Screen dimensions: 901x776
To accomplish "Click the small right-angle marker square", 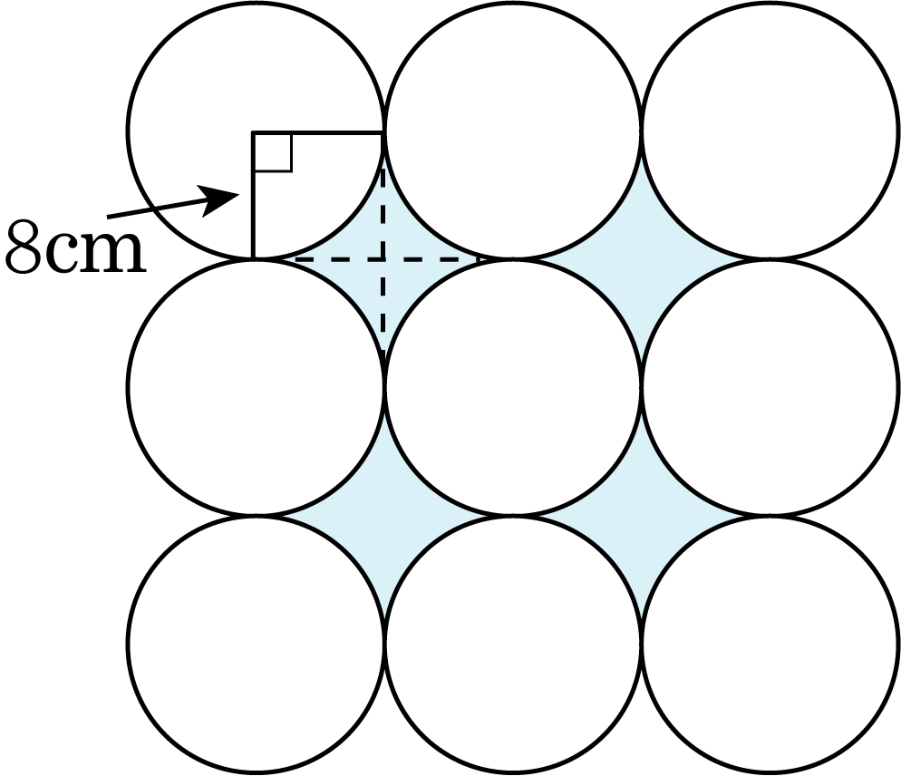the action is tap(273, 152).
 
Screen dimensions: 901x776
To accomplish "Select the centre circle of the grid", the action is tap(512, 387).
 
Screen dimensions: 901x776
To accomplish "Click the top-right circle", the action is tap(770, 131).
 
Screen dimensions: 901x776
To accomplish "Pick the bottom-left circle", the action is tap(256, 644).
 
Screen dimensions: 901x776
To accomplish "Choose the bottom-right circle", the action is tap(770, 644).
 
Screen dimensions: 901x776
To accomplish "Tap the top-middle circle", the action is tap(512, 131).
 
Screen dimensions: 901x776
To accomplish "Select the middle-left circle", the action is tap(256, 387).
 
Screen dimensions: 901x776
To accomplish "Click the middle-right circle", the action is tap(770, 387).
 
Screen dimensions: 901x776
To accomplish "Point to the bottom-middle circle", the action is tap(512, 644).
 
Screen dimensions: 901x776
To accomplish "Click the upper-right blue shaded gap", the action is tap(641, 259).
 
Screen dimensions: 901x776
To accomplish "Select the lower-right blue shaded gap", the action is tap(641, 516).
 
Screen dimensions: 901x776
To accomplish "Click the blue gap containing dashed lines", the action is tap(383, 259).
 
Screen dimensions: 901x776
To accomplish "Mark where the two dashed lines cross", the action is tap(383, 259).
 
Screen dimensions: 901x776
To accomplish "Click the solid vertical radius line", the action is tap(253, 196).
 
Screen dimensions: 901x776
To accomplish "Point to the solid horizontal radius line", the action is tap(318, 132).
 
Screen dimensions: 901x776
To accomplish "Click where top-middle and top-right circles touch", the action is tap(641, 131).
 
